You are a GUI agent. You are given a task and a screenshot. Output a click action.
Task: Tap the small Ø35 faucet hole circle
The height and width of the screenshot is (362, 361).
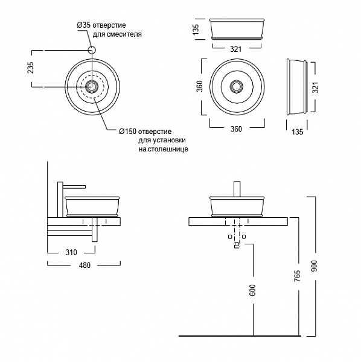(x=92, y=50)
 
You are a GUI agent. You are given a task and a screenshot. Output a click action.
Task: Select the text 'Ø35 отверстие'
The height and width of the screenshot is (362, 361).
(x=101, y=25)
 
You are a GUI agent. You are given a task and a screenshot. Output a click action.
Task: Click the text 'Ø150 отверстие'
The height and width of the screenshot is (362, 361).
(x=145, y=132)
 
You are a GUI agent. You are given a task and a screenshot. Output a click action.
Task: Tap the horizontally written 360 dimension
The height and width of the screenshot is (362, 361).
(x=236, y=129)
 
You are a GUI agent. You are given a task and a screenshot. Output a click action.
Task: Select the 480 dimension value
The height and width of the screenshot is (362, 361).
(x=83, y=265)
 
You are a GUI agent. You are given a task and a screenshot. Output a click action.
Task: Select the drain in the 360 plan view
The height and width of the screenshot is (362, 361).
(x=236, y=86)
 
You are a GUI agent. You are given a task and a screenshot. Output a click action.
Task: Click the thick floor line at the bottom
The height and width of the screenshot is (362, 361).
(x=241, y=335)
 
